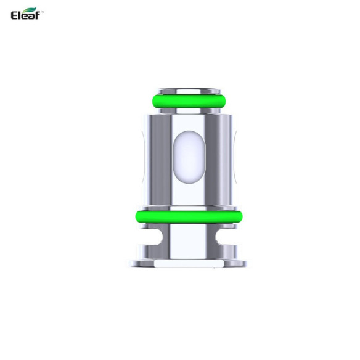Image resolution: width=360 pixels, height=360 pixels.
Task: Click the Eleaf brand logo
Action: pos(25,14)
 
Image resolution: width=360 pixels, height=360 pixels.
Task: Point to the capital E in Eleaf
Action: pos(15,14)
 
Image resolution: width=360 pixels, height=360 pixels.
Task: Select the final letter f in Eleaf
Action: pos(40,14)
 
